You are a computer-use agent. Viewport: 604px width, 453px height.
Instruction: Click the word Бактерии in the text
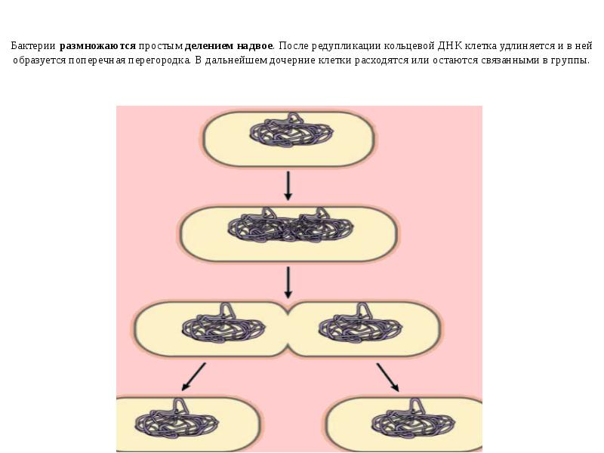pyautogui.click(x=33, y=46)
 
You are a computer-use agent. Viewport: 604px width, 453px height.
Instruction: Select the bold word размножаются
pyautogui.click(x=97, y=46)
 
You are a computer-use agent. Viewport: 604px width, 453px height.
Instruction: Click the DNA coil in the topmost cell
pyautogui.click(x=291, y=130)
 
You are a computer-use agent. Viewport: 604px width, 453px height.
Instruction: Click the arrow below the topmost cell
pyautogui.click(x=288, y=186)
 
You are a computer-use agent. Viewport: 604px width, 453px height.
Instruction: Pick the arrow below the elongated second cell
pyautogui.click(x=288, y=282)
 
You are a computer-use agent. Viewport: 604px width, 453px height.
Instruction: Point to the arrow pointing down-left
pyautogui.click(x=193, y=377)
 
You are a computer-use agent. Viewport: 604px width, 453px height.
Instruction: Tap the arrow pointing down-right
pyautogui.click(x=388, y=377)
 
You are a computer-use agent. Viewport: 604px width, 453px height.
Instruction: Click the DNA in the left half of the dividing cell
pyautogui.click(x=223, y=324)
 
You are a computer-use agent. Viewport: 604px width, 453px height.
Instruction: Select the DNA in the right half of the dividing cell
pyautogui.click(x=360, y=324)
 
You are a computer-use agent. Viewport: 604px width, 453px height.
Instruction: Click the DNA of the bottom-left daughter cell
pyautogui.click(x=177, y=419)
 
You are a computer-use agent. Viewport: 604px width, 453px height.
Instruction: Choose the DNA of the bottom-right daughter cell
pyautogui.click(x=413, y=419)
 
